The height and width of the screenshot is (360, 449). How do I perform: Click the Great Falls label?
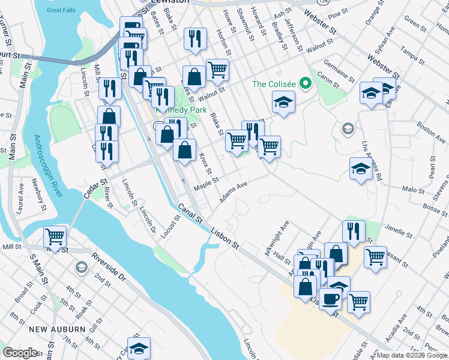tap(61, 10)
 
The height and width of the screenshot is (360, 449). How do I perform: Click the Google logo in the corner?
tap(20, 353)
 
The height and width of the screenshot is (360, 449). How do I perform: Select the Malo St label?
tap(413, 189)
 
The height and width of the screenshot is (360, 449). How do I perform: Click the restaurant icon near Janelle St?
tap(354, 230)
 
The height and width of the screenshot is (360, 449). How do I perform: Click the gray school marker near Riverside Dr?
tap(81, 267)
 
